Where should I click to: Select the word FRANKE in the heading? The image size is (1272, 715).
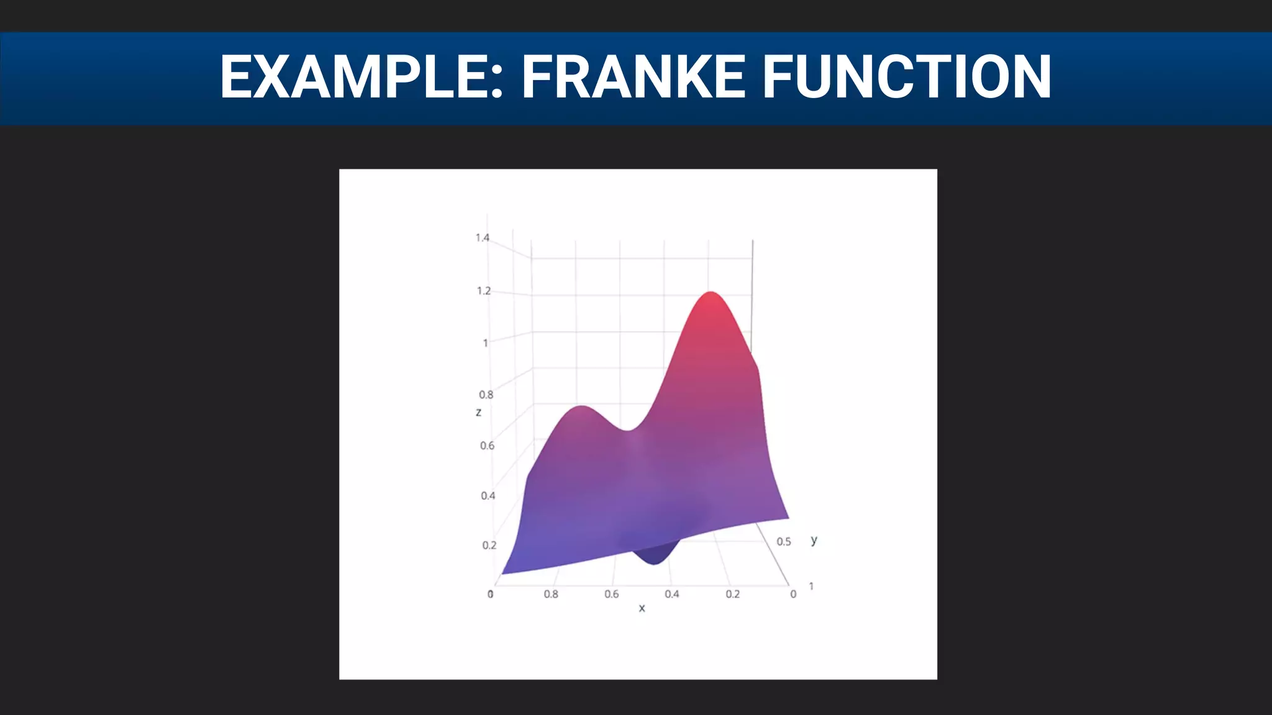(633, 77)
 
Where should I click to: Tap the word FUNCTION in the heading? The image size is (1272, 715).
(906, 77)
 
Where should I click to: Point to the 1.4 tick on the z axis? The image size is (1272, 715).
(483, 238)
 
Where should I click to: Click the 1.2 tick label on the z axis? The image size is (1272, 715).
(484, 291)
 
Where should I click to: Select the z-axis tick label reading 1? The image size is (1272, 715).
(486, 343)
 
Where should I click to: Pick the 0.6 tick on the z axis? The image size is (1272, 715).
(488, 446)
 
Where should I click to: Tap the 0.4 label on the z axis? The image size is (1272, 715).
(488, 496)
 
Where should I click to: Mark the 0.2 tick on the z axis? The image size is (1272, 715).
(489, 546)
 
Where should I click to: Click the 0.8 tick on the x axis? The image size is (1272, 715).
(551, 595)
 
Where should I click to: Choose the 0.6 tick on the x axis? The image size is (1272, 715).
(612, 595)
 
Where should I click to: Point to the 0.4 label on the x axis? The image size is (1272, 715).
(672, 595)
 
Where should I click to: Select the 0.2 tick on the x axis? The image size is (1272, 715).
(733, 595)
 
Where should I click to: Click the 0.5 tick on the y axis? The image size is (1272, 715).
(784, 542)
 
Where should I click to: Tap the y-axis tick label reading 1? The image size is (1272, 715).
(811, 587)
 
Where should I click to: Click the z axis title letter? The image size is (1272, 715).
(478, 413)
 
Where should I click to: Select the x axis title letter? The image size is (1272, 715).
(642, 608)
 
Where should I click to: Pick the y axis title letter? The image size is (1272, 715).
(814, 540)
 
